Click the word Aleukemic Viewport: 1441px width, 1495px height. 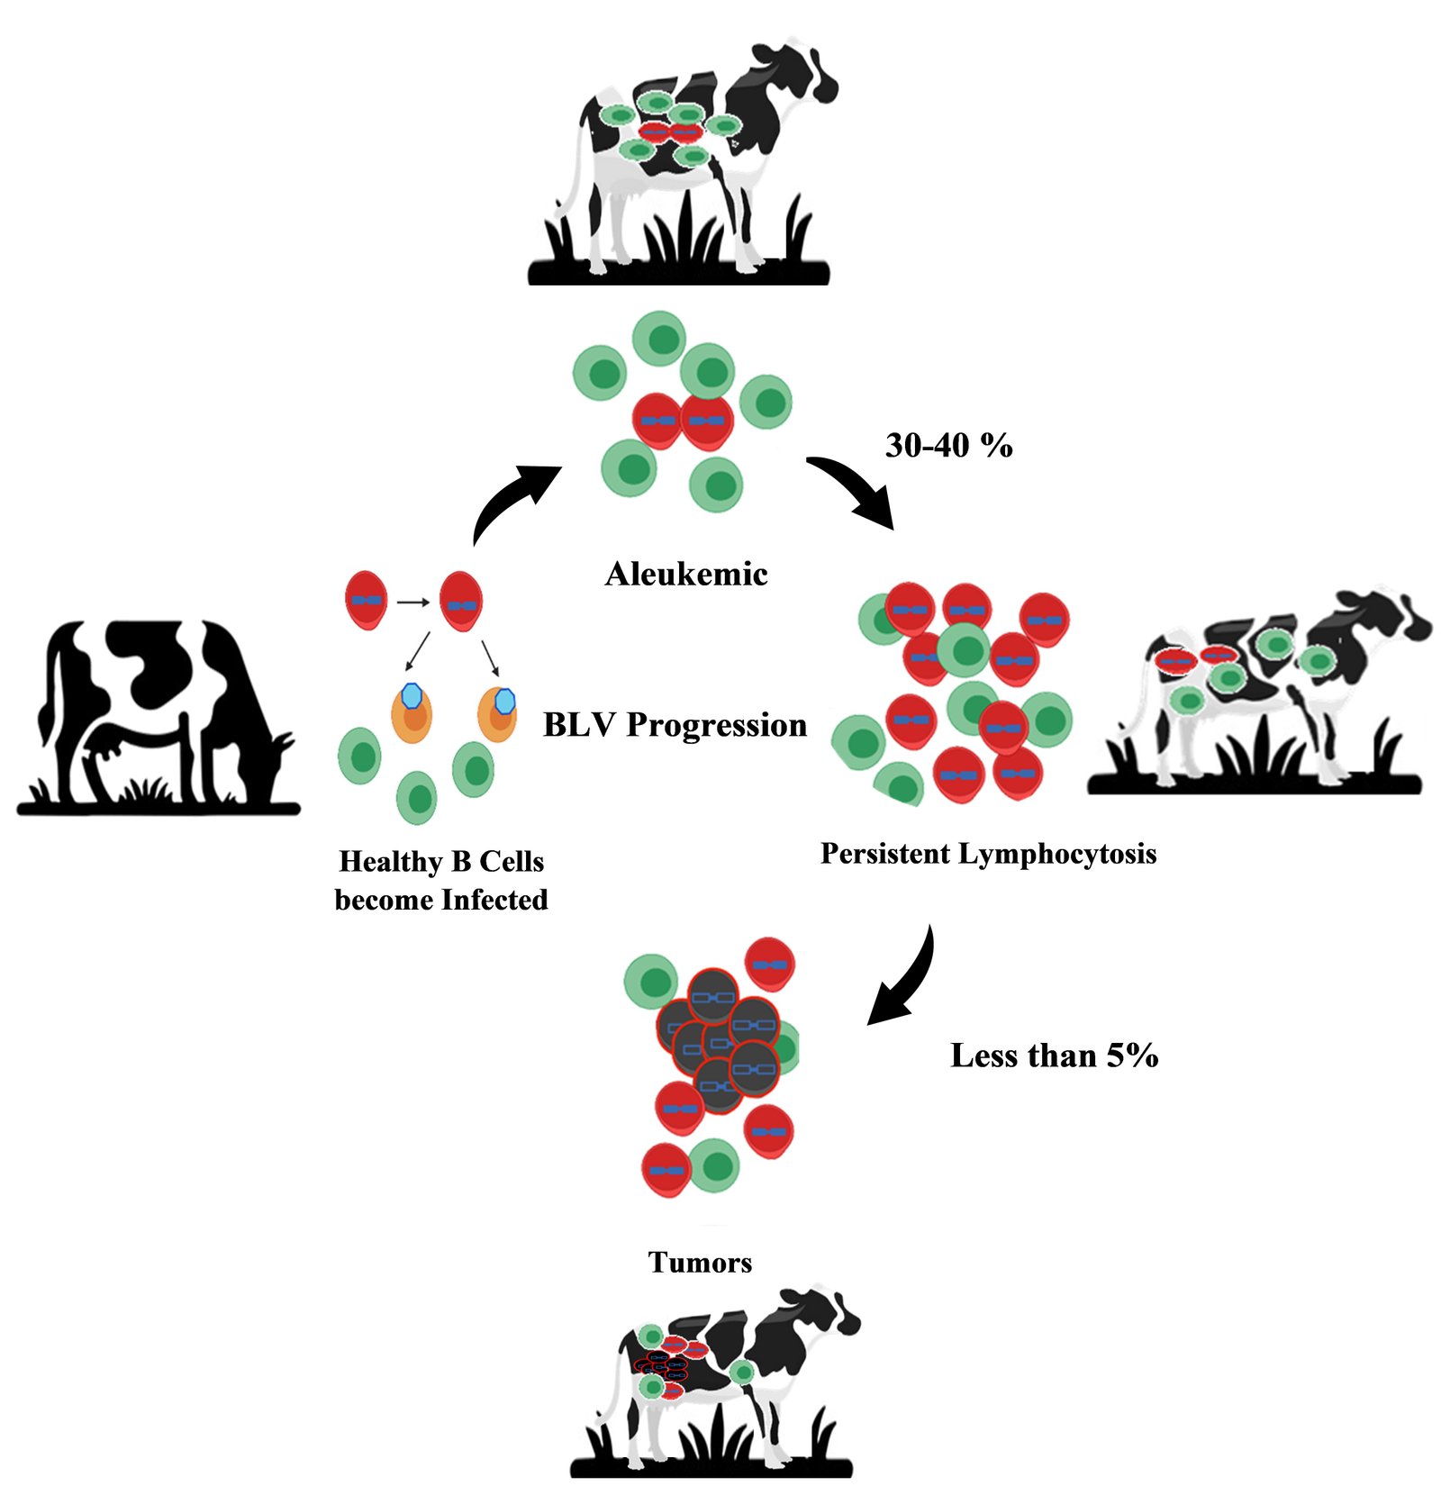(x=686, y=574)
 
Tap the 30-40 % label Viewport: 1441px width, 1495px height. (x=948, y=445)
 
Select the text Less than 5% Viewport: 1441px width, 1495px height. (x=1054, y=1056)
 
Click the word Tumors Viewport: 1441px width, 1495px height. (x=700, y=1262)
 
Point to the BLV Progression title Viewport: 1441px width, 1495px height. (x=675, y=725)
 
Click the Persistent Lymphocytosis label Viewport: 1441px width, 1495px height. (x=988, y=853)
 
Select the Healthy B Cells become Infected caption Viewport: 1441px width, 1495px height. (x=441, y=880)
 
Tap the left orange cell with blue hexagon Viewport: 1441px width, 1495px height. (x=412, y=711)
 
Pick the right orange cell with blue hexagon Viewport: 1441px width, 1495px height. (x=498, y=711)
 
